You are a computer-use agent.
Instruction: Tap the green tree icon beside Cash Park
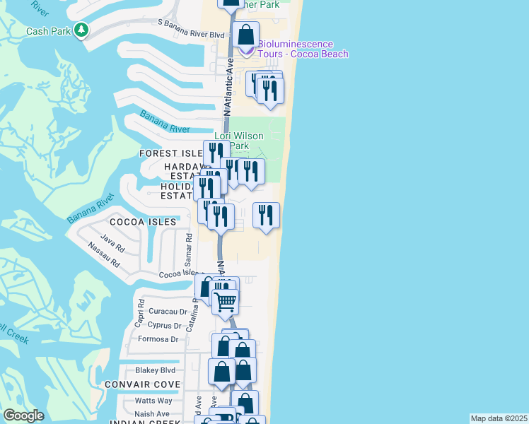pos(83,30)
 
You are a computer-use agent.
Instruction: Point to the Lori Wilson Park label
pos(239,141)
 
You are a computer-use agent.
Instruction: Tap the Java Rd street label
pos(112,241)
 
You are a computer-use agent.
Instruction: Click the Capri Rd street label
pos(140,314)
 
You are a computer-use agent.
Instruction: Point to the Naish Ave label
pos(152,413)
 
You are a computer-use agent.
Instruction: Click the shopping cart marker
pos(226,301)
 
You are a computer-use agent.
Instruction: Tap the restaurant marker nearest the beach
pos(266,216)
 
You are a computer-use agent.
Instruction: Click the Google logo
pos(23,416)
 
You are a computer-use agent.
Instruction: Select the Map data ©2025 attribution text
pos(499,418)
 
